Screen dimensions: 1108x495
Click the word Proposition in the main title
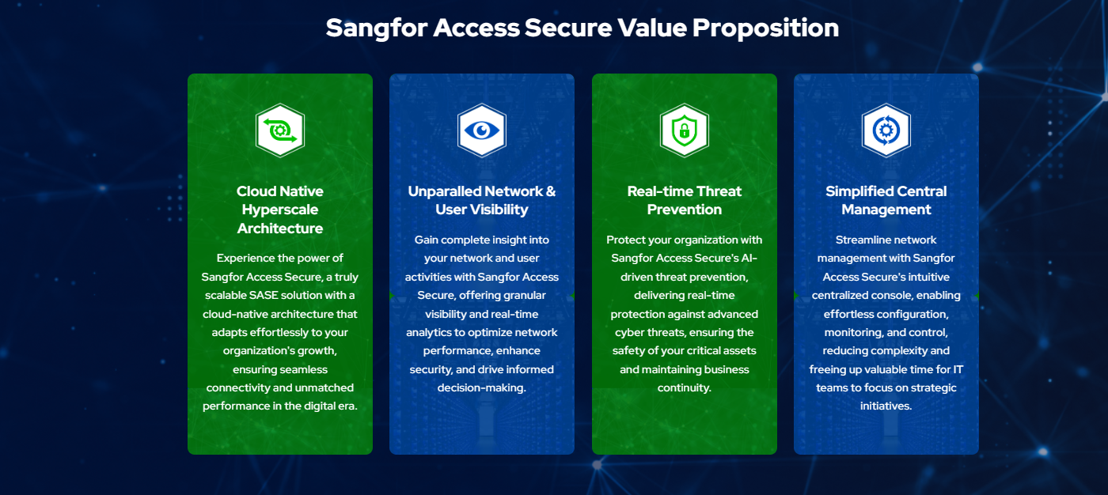click(x=766, y=28)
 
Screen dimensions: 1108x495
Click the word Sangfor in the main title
click(x=377, y=28)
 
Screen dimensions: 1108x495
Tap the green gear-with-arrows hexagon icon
click(x=280, y=130)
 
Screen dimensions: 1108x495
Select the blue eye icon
click(x=482, y=130)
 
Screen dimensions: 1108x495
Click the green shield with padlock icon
click(x=685, y=130)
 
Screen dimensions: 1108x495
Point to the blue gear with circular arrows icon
click(x=886, y=130)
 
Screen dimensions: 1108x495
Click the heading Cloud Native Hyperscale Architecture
click(x=280, y=210)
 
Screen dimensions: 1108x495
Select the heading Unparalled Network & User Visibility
click(x=482, y=200)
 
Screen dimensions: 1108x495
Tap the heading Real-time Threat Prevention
click(x=685, y=200)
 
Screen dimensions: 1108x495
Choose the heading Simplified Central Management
click(x=886, y=200)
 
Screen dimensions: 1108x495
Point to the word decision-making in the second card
click(x=480, y=387)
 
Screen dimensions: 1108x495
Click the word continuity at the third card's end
click(x=683, y=387)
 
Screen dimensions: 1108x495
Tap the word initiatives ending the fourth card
click(x=885, y=406)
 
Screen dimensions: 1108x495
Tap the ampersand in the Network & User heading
click(x=551, y=191)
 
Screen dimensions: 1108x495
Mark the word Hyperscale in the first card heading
click(x=280, y=210)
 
